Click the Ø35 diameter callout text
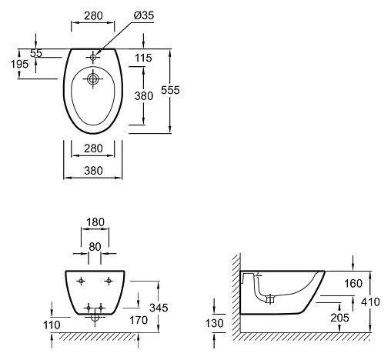[144, 15]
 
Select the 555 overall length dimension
[170, 90]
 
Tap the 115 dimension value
[143, 58]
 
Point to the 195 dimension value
[19, 64]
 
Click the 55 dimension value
[36, 53]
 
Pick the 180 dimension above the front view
[95, 222]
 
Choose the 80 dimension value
[95, 247]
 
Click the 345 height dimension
[159, 308]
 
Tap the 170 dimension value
[139, 320]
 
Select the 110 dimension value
[52, 325]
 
